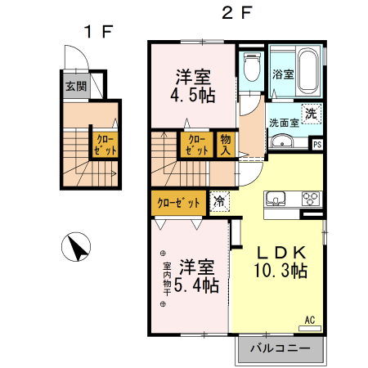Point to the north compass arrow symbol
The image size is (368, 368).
[76, 246]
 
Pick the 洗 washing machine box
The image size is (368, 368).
[310, 114]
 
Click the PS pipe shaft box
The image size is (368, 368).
[317, 146]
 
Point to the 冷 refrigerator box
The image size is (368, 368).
[219, 200]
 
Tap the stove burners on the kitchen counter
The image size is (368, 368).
[312, 197]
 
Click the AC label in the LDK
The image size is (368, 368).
[310, 320]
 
